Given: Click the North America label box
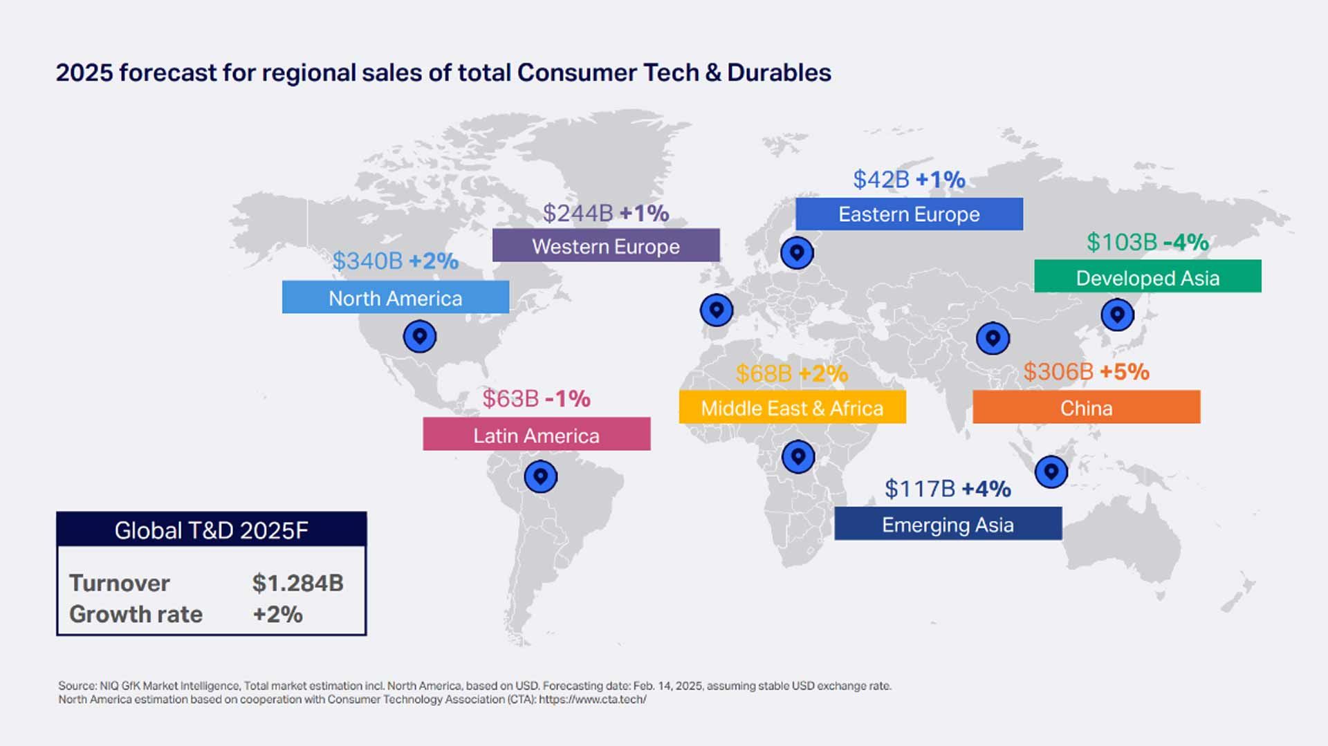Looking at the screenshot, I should pos(395,297).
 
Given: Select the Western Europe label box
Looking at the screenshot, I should pos(606,245).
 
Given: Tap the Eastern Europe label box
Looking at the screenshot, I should pos(909,214).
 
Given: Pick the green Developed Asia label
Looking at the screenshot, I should pos(1147,277).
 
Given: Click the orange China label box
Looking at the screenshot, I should pos(1086,407).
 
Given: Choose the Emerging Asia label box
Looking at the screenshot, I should pos(948,524).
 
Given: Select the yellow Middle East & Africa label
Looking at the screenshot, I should pos(792,407).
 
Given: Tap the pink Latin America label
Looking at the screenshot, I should pos(536,434).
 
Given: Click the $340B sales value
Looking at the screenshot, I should pos(367,261).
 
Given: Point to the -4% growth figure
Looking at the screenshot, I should pos(1186,242).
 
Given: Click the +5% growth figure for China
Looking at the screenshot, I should pos(1124,371).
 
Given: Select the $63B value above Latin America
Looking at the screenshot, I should pos(510,398).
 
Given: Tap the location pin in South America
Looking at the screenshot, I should pos(540,476).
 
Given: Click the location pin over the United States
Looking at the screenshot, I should pos(419,337).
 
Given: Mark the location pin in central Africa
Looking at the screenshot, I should pos(798,456).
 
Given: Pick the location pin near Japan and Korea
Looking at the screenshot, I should pos(1117,315).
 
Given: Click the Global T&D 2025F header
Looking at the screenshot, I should pos(211,530).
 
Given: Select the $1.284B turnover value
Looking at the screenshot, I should pos(297,583).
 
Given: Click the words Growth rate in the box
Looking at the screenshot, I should pos(136,614).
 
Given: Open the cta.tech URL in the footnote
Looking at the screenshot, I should pos(592,700).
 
